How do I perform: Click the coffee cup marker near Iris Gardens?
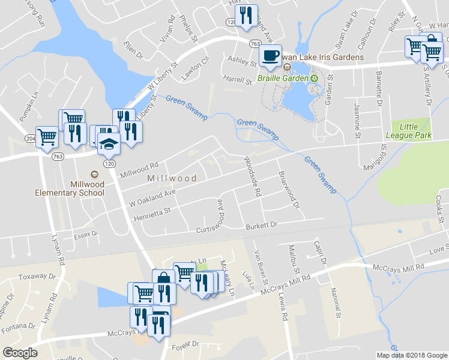click(270, 56)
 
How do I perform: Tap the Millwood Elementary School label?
click(69, 188)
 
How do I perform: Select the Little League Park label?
click(417, 131)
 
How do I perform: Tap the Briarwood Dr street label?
click(289, 189)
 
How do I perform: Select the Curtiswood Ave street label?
click(220, 214)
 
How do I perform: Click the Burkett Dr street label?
click(263, 226)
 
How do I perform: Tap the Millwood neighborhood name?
click(172, 179)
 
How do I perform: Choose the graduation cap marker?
click(109, 143)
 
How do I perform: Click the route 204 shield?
click(47, 137)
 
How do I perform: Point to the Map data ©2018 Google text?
click(412, 355)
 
